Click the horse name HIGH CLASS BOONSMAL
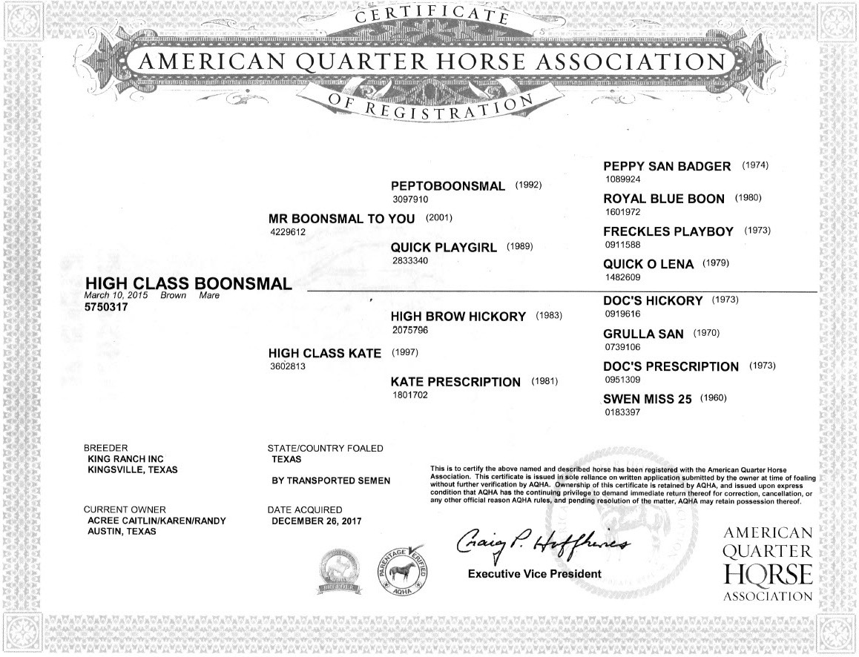pos(188,283)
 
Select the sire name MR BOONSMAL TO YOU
pos(341,219)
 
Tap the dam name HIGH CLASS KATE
pos(325,353)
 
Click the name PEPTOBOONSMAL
pos(447,185)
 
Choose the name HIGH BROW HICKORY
pos(458,316)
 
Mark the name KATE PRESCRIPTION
pos(455,382)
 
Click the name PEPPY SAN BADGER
pos(667,166)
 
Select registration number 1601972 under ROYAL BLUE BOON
pos(622,212)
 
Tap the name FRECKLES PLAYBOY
pos(668,231)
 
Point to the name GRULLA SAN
pos(643,334)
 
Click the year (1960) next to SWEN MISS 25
pos(714,398)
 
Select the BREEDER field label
pos(106,449)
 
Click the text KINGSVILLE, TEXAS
pos(132,470)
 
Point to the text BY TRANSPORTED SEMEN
pos(331,481)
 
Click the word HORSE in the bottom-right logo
pos(768,573)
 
